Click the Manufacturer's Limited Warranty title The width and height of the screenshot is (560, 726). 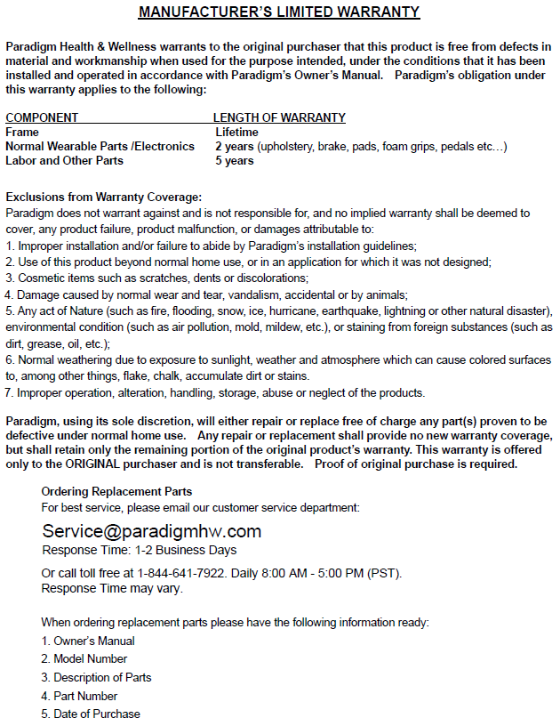[279, 12]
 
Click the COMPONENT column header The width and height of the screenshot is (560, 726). [42, 117]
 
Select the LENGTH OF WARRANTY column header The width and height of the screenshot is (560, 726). [279, 117]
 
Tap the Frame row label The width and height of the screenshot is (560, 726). [22, 132]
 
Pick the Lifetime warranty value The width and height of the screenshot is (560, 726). [236, 132]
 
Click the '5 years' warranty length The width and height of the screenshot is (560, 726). [234, 160]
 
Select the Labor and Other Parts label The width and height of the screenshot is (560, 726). [64, 160]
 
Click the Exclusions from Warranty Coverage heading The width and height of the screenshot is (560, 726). [104, 197]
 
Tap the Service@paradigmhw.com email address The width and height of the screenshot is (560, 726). [151, 531]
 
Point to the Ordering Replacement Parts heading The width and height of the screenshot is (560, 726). [116, 491]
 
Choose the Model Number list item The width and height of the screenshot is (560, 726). [90, 659]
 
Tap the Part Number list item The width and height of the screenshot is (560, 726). [84, 696]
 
